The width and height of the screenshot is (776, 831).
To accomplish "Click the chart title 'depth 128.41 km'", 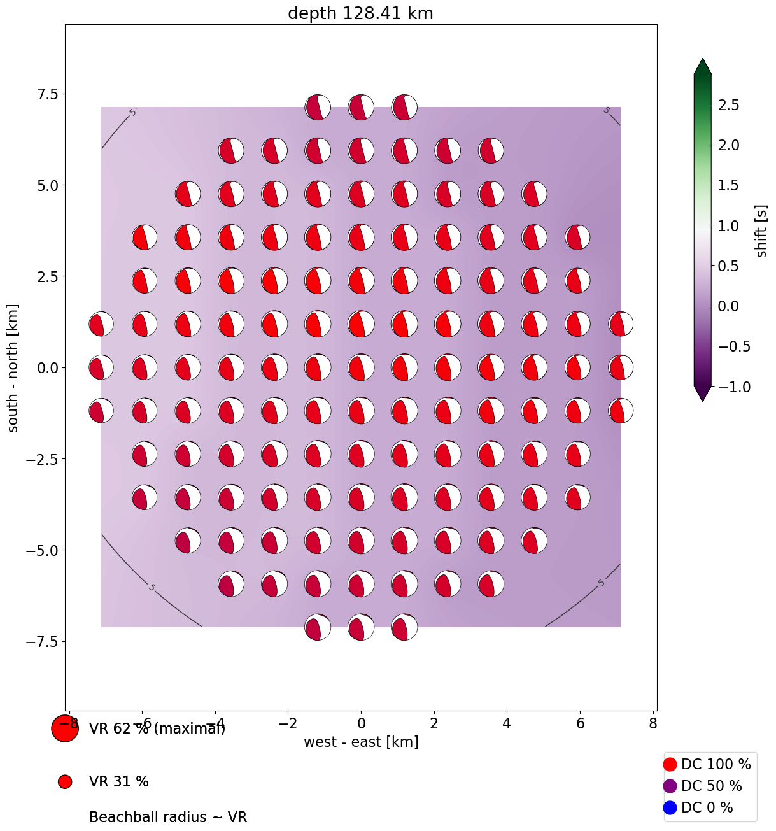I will pos(360,13).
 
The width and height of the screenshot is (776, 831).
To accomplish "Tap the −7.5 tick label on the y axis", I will pos(40,641).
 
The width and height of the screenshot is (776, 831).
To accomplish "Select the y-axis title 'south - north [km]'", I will pos(13,368).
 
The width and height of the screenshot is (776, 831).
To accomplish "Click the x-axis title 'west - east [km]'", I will pos(361,742).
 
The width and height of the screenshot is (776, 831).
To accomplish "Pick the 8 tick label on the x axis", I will pos(653,723).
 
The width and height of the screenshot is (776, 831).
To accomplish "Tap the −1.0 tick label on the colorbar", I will pos(726,387).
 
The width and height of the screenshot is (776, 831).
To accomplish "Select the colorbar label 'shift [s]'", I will pos(761,231).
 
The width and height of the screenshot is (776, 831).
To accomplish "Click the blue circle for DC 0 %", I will pos(670,807).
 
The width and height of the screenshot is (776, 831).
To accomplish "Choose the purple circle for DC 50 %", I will pos(670,786).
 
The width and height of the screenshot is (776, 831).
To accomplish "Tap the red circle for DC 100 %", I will pos(670,764).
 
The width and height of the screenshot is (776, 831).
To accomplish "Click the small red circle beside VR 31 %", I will pos(65,781).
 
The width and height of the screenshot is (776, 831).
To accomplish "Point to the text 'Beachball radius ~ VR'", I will pos(168,817).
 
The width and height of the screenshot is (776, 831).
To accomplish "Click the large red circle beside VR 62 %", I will pos(65,728).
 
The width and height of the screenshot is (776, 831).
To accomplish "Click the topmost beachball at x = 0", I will pos(361,107).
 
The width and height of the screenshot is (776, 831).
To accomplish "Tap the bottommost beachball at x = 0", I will pos(361,627).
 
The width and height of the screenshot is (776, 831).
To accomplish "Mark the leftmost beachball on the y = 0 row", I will pos(101,367).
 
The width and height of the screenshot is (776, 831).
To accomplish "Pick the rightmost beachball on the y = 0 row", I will pos(621,367).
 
